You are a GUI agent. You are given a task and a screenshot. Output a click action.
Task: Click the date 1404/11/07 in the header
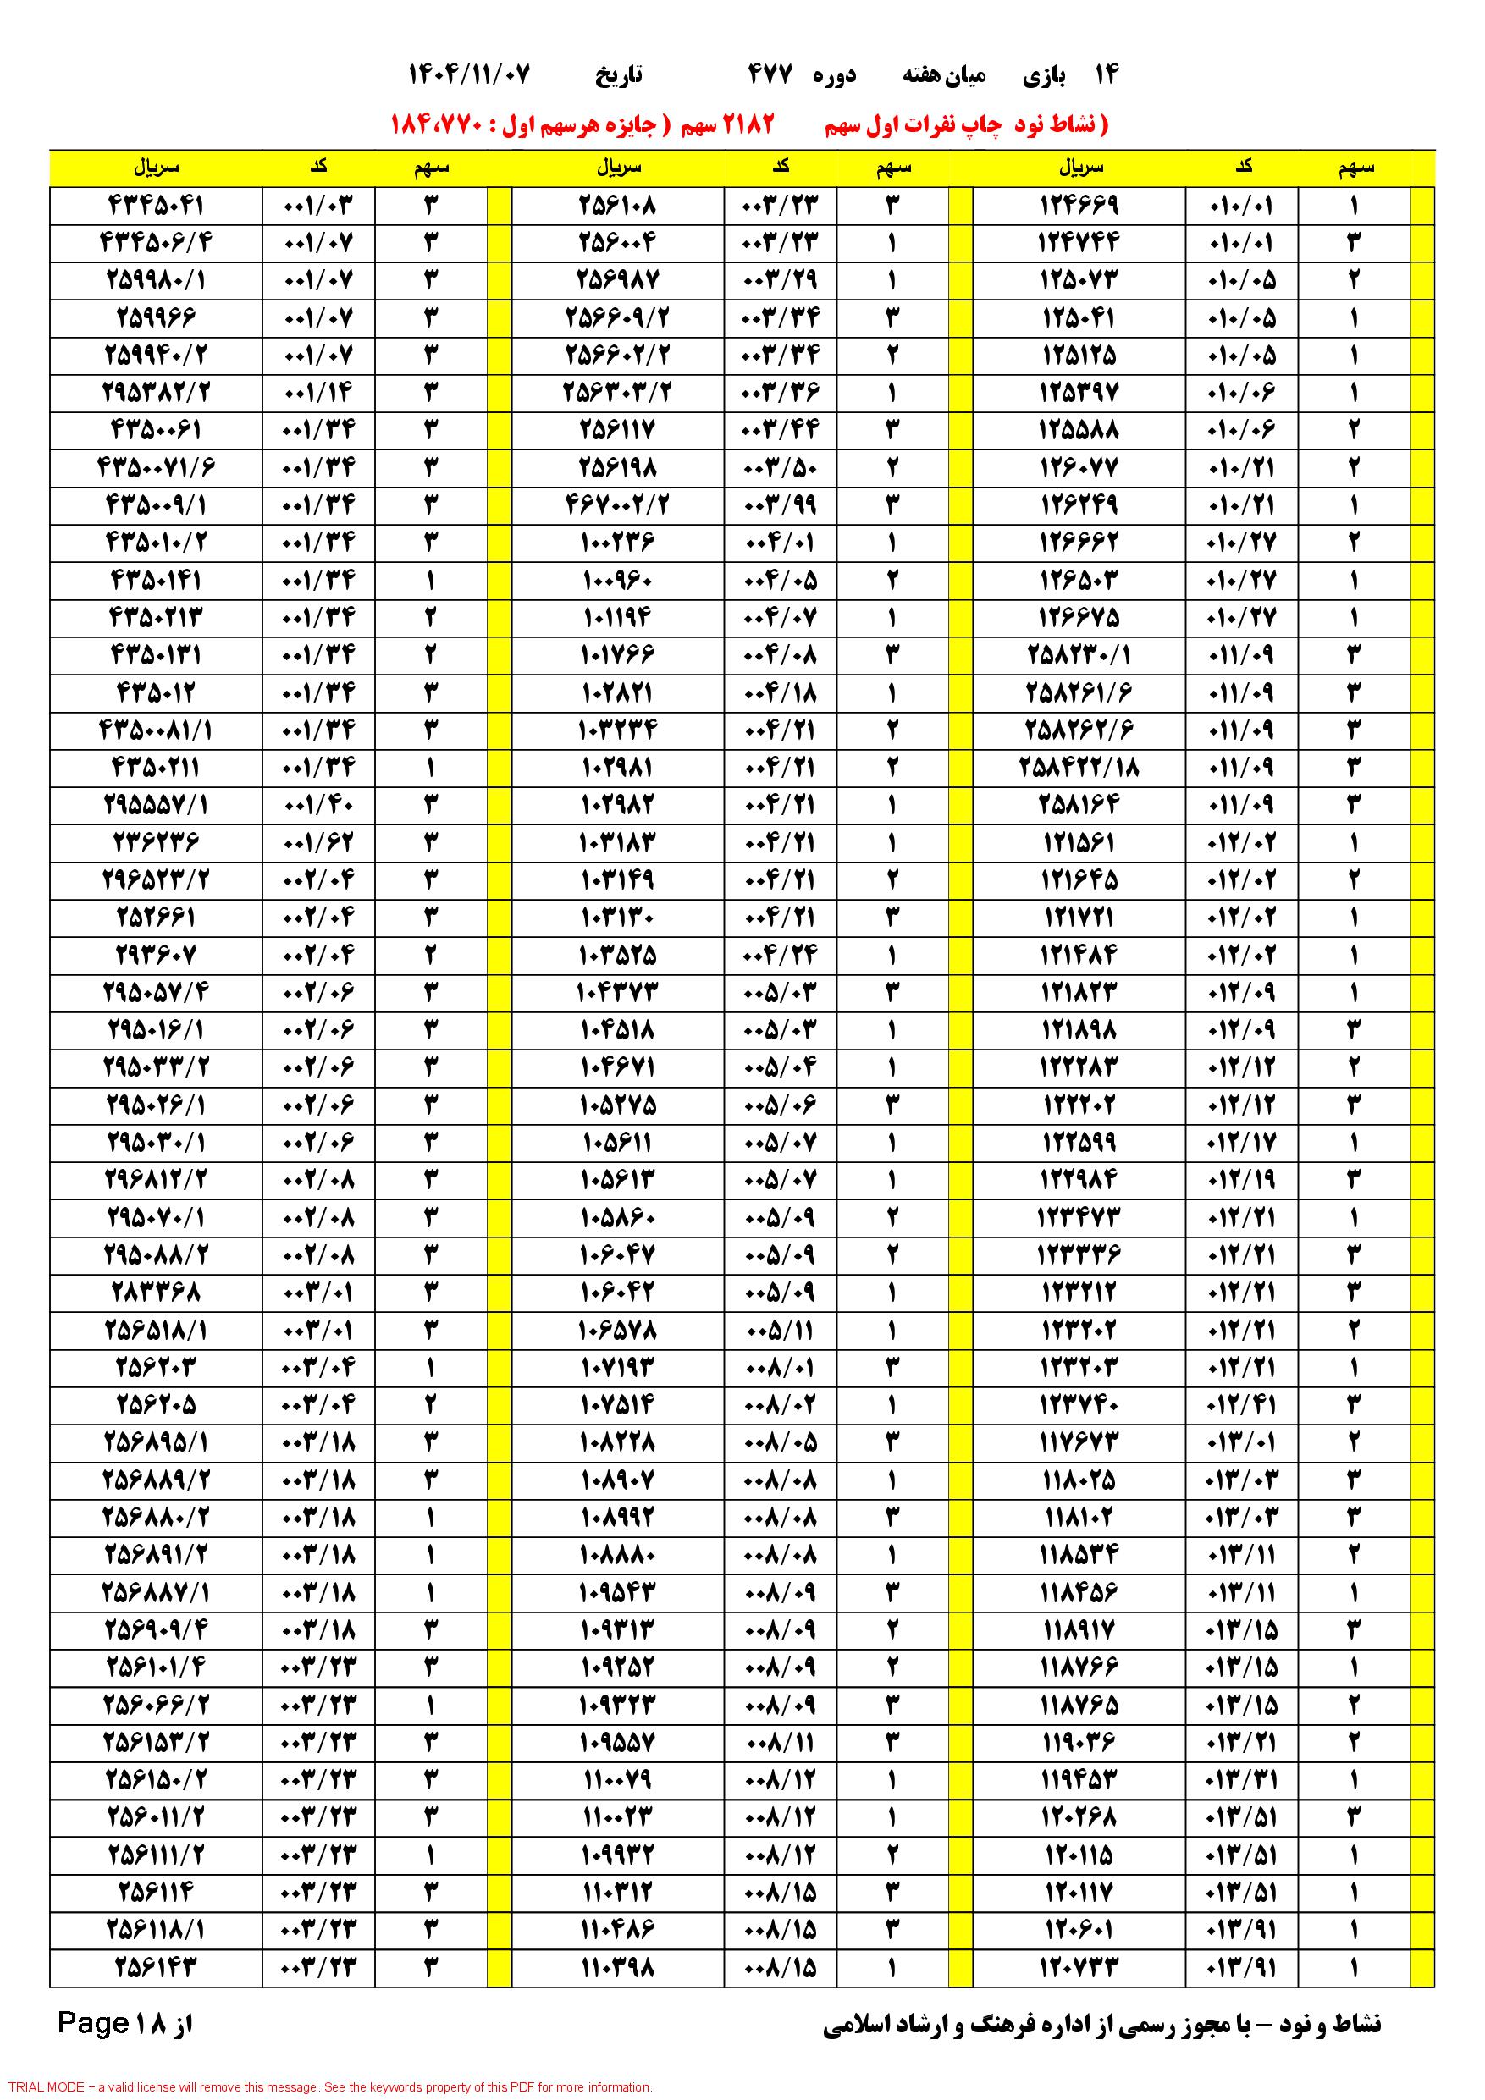[468, 75]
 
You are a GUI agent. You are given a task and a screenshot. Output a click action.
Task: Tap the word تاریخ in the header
[620, 75]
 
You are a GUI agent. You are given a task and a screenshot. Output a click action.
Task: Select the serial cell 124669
[1079, 205]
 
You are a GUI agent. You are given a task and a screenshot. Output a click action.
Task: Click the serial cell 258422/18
[1079, 767]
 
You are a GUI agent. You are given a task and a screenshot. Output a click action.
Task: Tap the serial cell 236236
[157, 841]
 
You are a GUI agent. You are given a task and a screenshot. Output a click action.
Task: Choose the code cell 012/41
[1242, 1404]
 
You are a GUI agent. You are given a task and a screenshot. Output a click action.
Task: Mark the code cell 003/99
[781, 504]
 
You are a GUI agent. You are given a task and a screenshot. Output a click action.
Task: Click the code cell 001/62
[318, 841]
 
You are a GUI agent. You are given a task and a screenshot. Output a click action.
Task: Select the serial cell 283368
[157, 1292]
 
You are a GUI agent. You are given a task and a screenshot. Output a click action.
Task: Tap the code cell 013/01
[1242, 1441]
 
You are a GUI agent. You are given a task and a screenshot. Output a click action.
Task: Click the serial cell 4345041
[157, 205]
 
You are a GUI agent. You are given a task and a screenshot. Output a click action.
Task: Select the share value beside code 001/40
[430, 804]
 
